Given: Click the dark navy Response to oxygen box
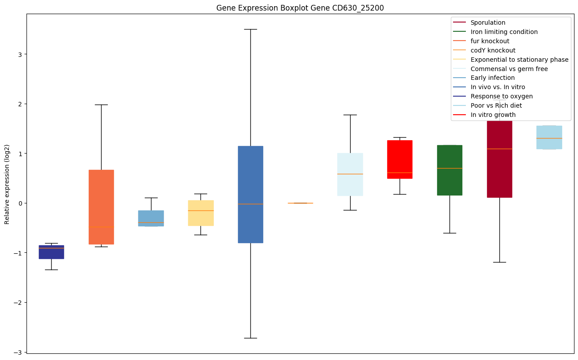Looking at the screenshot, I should [51, 252].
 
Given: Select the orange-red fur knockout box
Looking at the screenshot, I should [101, 207].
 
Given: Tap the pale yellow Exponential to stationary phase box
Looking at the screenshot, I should [201, 213].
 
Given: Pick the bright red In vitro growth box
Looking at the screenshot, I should [400, 159].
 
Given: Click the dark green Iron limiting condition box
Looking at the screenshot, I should [450, 170].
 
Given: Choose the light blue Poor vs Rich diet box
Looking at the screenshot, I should [549, 137].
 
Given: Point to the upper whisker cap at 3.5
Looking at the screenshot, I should [250, 29].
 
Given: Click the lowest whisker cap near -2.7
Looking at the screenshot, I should [250, 338].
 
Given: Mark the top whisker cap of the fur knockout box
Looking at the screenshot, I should [101, 105].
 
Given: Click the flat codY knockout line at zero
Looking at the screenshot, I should [300, 203].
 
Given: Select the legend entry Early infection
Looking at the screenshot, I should [492, 78].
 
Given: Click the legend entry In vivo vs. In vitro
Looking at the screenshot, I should [498, 87].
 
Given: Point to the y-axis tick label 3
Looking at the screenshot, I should [19, 54].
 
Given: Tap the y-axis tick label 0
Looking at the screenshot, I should [19, 203].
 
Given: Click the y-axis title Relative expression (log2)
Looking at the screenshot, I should [7, 184].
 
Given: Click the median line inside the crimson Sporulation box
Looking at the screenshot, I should [499, 149].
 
